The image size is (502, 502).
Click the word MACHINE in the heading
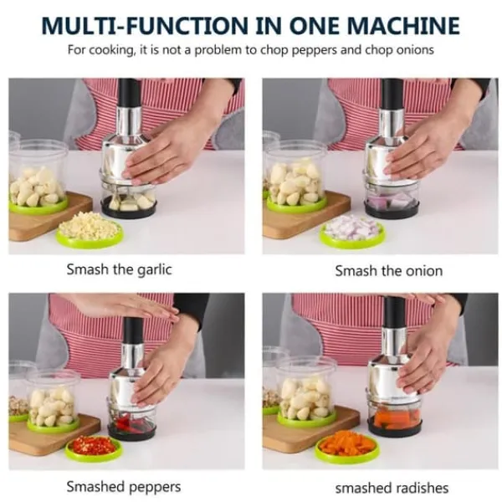[x=403, y=25]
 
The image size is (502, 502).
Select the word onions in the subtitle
[x=415, y=50]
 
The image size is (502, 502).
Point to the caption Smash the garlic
[x=119, y=269]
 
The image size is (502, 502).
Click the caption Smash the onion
[x=389, y=271]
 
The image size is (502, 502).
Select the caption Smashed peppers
[x=124, y=487]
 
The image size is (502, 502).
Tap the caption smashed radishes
[x=392, y=488]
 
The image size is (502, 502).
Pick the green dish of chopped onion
[x=353, y=231]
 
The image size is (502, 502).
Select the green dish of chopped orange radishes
[x=348, y=445]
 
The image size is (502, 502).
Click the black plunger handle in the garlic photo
[x=129, y=93]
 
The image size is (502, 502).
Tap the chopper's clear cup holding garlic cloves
[x=129, y=201]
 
